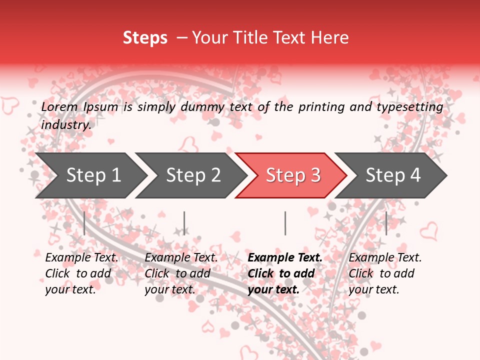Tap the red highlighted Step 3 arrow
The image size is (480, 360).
293,175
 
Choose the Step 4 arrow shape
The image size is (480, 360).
393,175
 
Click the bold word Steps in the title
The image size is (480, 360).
145,38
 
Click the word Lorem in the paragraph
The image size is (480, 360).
59,107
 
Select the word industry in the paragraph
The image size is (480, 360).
65,125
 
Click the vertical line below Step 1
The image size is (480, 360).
84,223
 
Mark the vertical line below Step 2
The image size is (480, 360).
184,223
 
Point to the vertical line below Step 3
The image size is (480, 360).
285,223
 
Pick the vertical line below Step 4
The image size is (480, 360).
386,223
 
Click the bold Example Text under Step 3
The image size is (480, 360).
285,258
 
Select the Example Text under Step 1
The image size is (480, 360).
81,258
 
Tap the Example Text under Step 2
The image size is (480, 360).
181,258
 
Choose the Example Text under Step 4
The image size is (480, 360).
385,258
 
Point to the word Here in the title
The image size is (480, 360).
329,38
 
